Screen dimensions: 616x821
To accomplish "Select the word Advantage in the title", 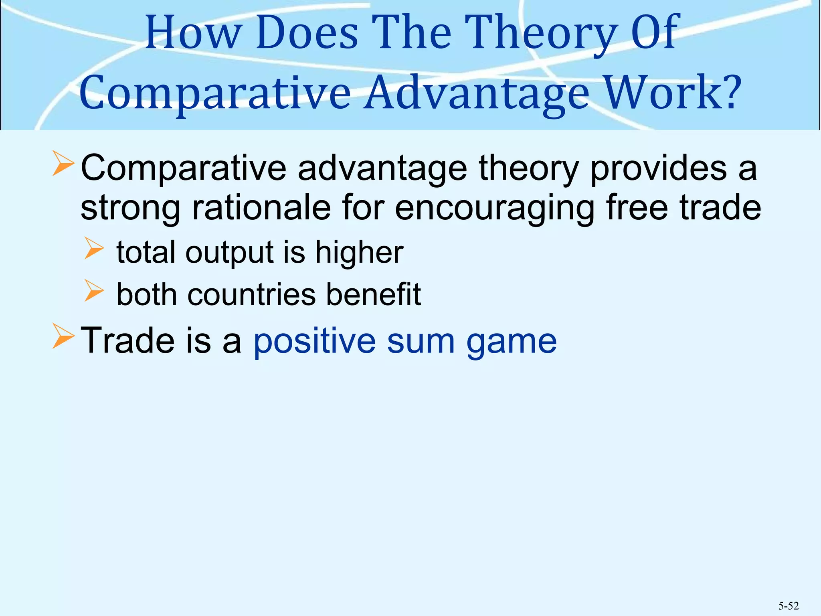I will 477,93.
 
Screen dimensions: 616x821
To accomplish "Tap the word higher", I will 359,253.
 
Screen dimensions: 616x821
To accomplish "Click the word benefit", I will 373,294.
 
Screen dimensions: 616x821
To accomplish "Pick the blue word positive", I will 314,342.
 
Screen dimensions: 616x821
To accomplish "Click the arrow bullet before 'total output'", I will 94,249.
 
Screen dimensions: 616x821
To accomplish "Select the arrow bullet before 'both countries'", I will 94,291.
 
